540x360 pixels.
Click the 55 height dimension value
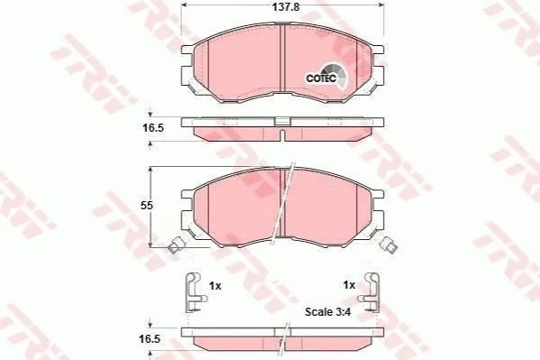146,206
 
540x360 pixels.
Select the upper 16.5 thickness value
153,128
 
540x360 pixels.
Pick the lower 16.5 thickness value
150,339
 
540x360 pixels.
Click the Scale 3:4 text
328,312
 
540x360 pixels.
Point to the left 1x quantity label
215,286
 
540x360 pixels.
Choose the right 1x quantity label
349,285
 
